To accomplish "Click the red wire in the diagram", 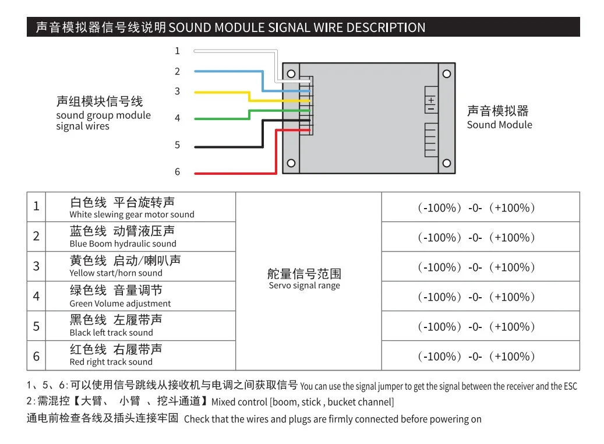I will pyautogui.click(x=233, y=173).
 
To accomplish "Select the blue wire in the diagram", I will pyautogui.click(x=227, y=72).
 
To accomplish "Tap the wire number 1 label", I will pyautogui.click(x=178, y=51).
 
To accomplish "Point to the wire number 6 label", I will pyautogui.click(x=178, y=172).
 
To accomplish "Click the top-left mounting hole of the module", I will pyautogui.click(x=291, y=74).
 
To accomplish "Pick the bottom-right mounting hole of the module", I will pyautogui.click(x=446, y=163).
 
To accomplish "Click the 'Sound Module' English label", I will pyautogui.click(x=499, y=125).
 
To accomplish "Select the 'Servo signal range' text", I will pyautogui.click(x=304, y=286).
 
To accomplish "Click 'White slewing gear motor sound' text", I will pyautogui.click(x=132, y=214).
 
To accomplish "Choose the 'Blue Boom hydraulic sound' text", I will pyautogui.click(x=122, y=244).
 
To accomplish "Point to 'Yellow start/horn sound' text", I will pyautogui.click(x=116, y=273).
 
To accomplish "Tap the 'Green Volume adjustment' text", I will pyautogui.click(x=120, y=304).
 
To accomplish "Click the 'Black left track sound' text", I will pyautogui.click(x=111, y=333).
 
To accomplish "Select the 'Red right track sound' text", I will pyautogui.click(x=111, y=362).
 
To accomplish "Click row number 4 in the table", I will pyautogui.click(x=36, y=296).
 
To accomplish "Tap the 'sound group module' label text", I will pyautogui.click(x=103, y=115).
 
